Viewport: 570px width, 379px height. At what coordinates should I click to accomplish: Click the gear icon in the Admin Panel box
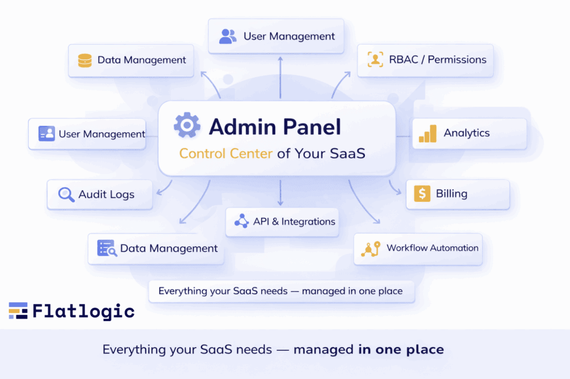(187, 126)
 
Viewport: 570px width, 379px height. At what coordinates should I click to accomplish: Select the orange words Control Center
(226, 153)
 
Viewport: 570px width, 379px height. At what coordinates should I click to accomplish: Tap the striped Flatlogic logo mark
(18, 310)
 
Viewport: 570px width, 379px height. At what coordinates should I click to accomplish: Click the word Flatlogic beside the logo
(83, 310)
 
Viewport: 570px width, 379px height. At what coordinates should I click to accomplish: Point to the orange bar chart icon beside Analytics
(427, 134)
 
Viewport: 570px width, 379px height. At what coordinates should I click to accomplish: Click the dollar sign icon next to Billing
(422, 194)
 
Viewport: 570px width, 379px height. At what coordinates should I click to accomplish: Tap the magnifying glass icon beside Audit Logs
(66, 195)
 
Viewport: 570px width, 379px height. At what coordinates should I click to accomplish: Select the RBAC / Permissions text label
(437, 60)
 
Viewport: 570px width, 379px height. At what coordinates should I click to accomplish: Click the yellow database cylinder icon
(85, 60)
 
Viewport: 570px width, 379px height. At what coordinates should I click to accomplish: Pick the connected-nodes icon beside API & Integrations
(241, 221)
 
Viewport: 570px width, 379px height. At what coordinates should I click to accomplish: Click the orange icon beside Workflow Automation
(370, 249)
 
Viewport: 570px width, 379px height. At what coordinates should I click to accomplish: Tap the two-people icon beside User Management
(228, 37)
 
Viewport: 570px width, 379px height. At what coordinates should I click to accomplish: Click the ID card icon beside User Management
(46, 134)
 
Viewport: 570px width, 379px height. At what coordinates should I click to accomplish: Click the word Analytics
(466, 133)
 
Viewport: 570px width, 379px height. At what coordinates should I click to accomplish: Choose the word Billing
(451, 194)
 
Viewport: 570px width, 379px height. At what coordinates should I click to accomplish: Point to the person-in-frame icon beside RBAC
(376, 60)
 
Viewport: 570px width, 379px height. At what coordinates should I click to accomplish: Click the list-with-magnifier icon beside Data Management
(106, 249)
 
